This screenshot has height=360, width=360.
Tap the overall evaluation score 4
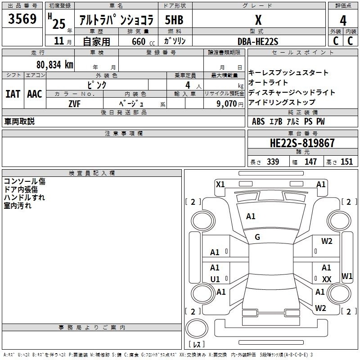click(x=343, y=20)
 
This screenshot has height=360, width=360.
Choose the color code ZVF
click(x=74, y=103)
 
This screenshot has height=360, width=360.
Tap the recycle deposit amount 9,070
click(x=226, y=103)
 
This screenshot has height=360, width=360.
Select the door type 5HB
click(x=174, y=21)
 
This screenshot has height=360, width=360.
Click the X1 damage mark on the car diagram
click(x=220, y=184)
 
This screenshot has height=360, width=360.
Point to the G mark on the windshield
click(x=257, y=237)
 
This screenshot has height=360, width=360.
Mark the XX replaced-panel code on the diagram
click(x=327, y=279)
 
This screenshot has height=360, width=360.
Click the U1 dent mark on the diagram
click(x=215, y=279)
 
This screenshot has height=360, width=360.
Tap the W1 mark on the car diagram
click(x=347, y=275)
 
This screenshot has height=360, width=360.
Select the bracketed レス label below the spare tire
click(x=197, y=345)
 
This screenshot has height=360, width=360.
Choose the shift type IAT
click(x=13, y=94)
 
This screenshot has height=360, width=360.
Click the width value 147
click(x=310, y=162)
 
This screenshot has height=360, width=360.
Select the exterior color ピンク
click(x=97, y=84)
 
